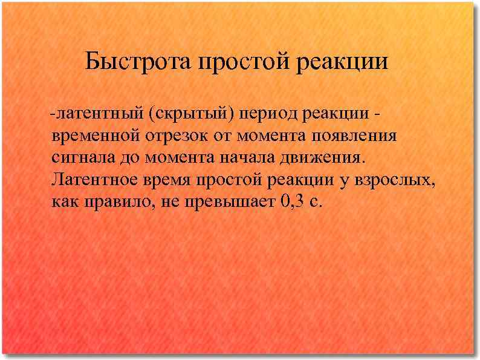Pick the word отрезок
pyautogui.click(x=178, y=136)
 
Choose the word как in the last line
pyautogui.click(x=65, y=201)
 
